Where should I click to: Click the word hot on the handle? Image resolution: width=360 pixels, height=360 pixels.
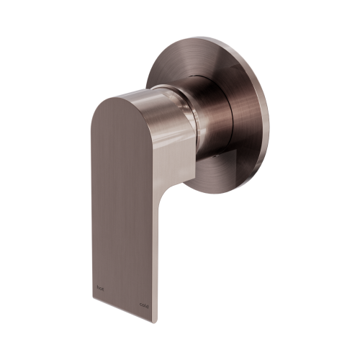[x=100, y=285]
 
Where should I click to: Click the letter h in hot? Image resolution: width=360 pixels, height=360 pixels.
[x=97, y=285]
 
